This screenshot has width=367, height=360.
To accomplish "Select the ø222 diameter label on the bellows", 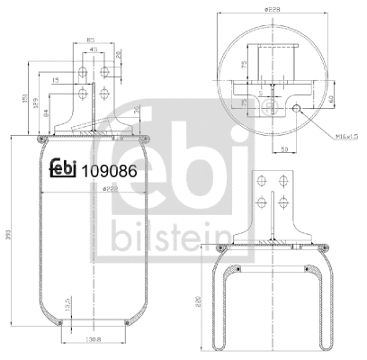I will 86,190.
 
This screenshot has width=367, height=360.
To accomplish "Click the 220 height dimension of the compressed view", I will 198,304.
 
